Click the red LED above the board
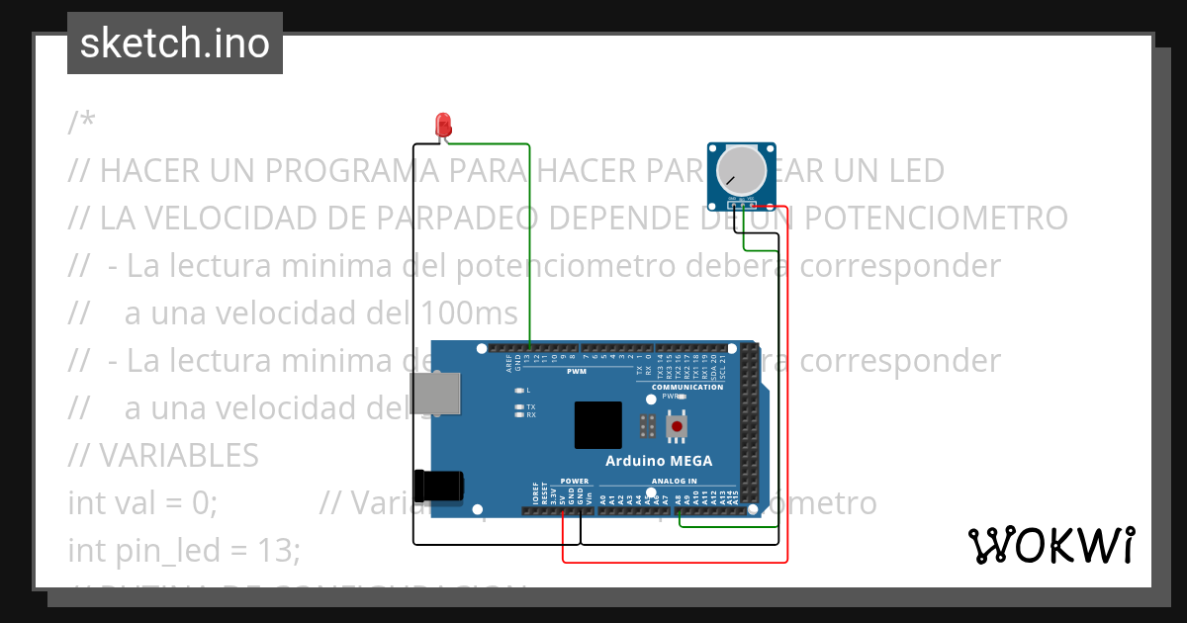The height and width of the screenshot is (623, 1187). click(444, 125)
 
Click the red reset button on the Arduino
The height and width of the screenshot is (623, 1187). click(678, 426)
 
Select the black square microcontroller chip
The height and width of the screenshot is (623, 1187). click(597, 425)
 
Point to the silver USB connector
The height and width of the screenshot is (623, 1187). click(438, 393)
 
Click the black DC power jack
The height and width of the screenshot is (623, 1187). click(439, 486)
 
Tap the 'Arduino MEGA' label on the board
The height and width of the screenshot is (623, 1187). click(658, 461)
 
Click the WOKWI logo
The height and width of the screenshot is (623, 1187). click(1050, 545)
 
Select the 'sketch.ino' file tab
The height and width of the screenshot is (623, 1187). click(175, 44)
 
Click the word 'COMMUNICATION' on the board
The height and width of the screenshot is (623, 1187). click(687, 387)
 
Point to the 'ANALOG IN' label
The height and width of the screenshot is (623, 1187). click(674, 482)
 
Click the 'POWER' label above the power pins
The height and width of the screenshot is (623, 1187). click(574, 482)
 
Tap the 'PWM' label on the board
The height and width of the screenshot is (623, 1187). click(576, 372)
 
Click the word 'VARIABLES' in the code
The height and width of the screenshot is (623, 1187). click(178, 455)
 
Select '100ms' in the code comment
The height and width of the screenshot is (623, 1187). click(468, 312)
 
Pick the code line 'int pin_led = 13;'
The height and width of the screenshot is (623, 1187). click(183, 550)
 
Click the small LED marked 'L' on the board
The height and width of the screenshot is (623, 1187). click(517, 390)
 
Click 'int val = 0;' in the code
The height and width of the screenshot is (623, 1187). click(141, 502)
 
